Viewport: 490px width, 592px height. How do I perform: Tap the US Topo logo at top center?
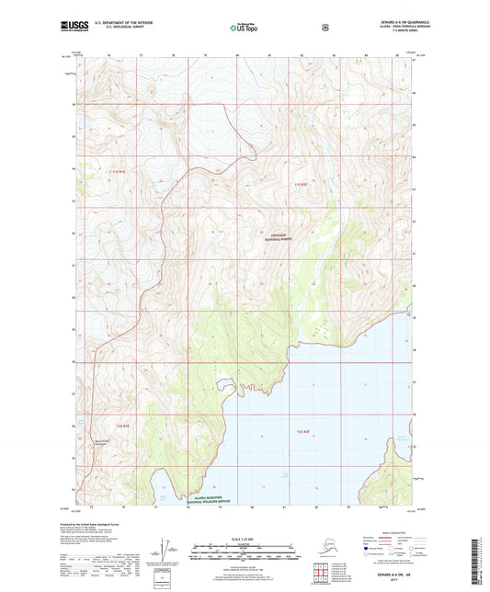(244, 28)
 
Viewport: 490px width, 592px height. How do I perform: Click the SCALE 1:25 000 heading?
(244, 536)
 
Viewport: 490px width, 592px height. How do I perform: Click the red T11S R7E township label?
(117, 171)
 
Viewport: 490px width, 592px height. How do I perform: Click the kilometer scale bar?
(244, 555)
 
